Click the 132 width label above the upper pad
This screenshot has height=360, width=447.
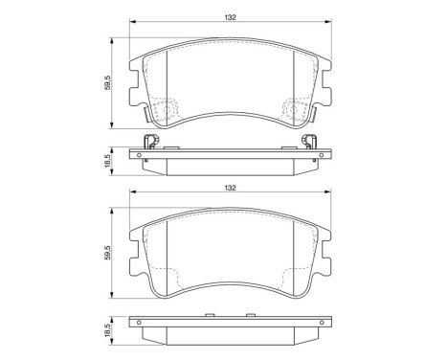click(x=231, y=16)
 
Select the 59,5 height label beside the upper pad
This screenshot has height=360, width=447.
click(x=108, y=84)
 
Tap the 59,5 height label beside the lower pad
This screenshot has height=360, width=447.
click(x=108, y=258)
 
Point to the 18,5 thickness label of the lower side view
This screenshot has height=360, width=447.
click(x=108, y=331)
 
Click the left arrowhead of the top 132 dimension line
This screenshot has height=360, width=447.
click(x=131, y=23)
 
